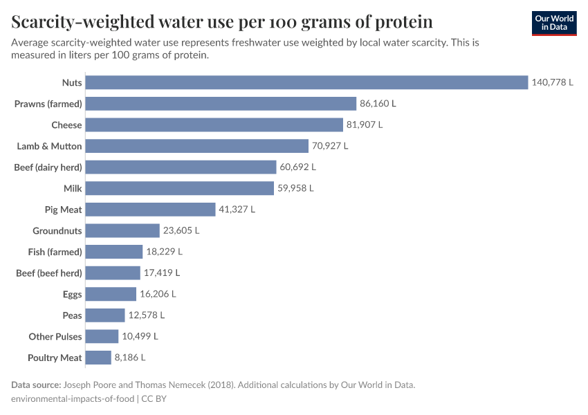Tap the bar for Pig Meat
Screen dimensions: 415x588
[x=151, y=210]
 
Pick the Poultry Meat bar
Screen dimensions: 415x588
[x=99, y=358]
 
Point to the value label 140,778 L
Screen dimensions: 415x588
[x=552, y=82]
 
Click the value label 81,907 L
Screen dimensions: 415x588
[x=364, y=125]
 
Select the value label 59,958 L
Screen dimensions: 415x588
[x=295, y=188]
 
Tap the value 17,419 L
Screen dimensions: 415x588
[x=162, y=273]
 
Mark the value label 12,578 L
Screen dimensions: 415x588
[x=146, y=315]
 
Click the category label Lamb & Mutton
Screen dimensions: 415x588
[x=49, y=146]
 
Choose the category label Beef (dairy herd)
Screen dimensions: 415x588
[x=48, y=167]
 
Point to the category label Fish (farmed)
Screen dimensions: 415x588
[x=55, y=252]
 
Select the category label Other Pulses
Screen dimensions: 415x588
[x=55, y=337]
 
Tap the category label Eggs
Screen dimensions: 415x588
[x=72, y=294]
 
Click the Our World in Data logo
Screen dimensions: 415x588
[x=554, y=23]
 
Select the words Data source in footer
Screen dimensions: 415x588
[x=36, y=385]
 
